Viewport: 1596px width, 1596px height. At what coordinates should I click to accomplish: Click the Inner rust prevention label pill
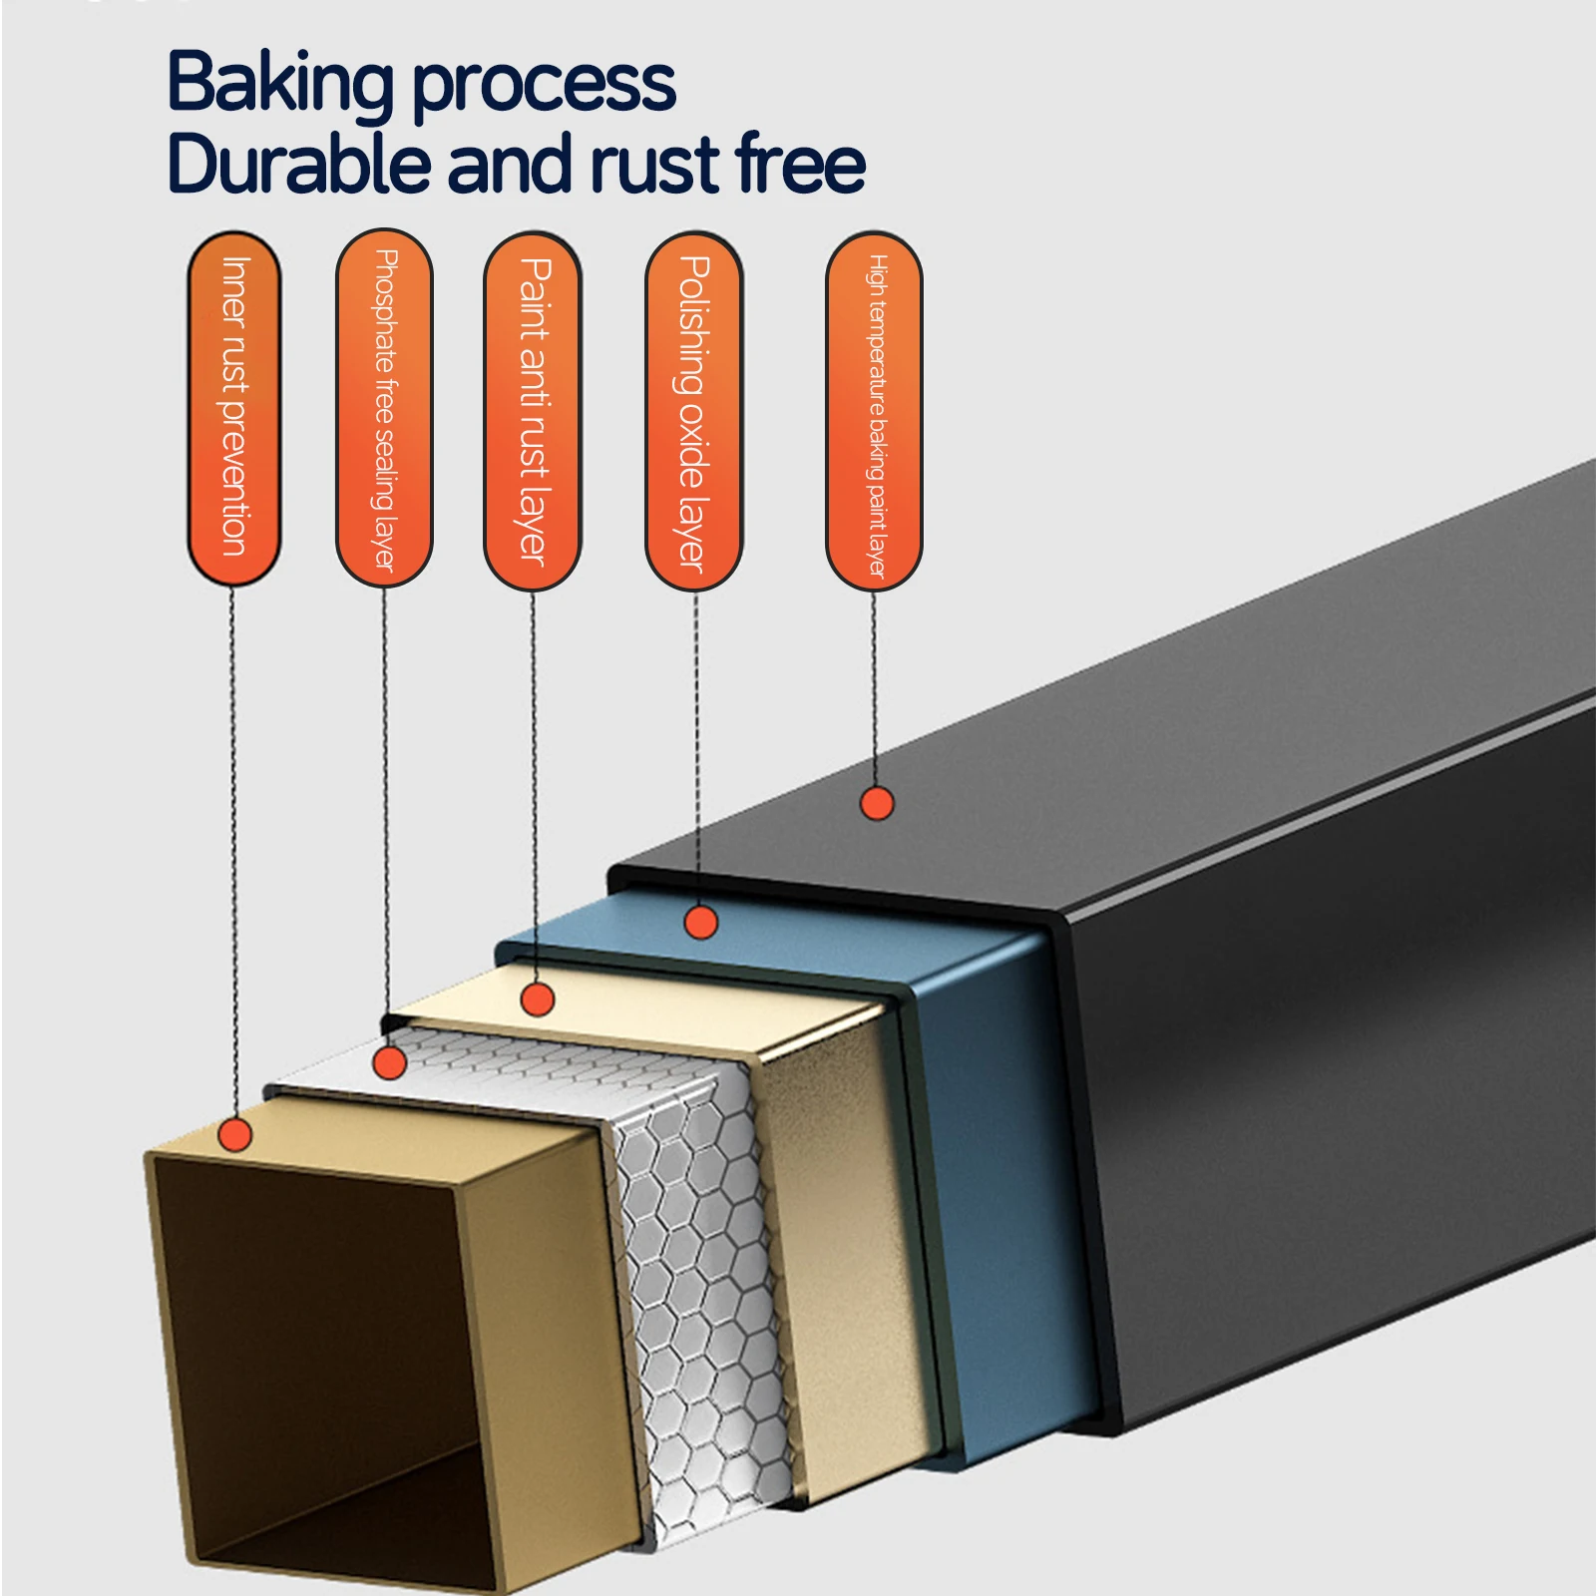233,408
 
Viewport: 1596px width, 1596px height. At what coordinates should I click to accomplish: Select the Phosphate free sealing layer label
384,408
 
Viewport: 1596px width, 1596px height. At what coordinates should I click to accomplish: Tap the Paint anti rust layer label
533,410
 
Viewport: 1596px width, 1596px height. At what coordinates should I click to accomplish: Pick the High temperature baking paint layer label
874,411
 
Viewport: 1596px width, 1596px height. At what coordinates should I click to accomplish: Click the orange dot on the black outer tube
877,803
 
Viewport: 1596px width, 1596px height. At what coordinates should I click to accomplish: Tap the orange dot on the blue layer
701,923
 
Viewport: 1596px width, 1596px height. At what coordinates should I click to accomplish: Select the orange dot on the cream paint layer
538,998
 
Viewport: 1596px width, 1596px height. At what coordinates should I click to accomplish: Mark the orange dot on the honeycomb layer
389,1062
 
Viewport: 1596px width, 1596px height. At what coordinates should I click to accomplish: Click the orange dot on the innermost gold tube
235,1134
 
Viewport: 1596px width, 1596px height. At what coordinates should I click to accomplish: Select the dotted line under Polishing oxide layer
696,748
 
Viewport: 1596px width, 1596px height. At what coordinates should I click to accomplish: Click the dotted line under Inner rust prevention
233,852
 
